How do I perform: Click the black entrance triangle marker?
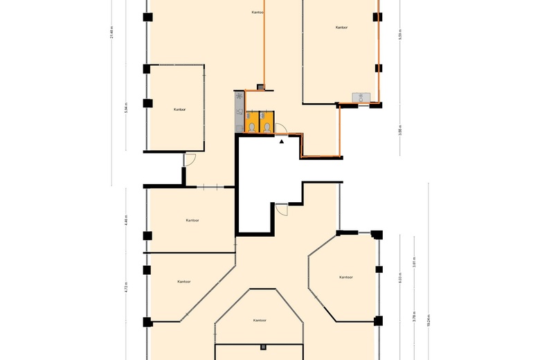pyautogui.click(x=282, y=141)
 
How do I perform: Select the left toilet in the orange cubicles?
pyautogui.click(x=252, y=127)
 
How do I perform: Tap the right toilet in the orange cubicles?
pyautogui.click(x=267, y=127)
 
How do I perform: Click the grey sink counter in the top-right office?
pyautogui.click(x=361, y=98)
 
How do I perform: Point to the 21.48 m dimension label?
pyautogui.click(x=111, y=33)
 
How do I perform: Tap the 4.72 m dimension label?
pyautogui.click(x=126, y=287)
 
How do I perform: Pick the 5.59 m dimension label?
pyautogui.click(x=400, y=35)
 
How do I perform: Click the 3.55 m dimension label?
pyautogui.click(x=400, y=131)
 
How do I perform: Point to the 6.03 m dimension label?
pyautogui.click(x=400, y=278)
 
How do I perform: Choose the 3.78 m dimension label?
pyautogui.click(x=414, y=318)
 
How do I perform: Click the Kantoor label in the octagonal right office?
pyautogui.click(x=346, y=277)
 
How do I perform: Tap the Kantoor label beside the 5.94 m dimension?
pyautogui.click(x=179, y=109)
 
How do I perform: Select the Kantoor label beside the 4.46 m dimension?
pyautogui.click(x=192, y=220)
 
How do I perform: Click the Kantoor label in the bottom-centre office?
pyautogui.click(x=260, y=321)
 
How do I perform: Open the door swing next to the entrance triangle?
pyautogui.click(x=280, y=127)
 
